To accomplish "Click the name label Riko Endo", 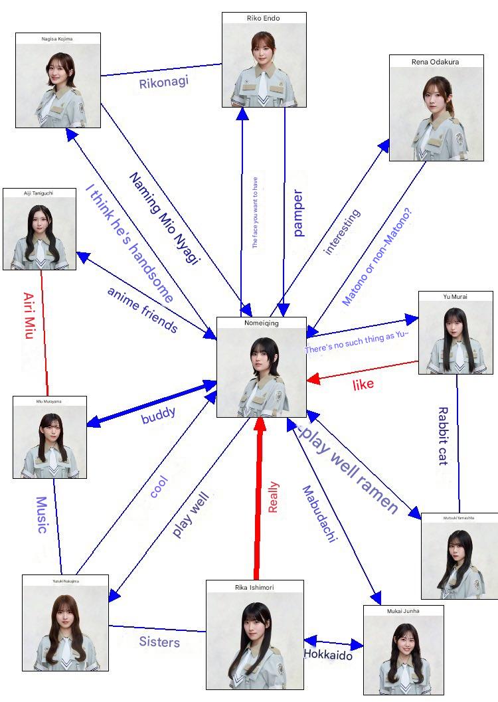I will click(x=264, y=18).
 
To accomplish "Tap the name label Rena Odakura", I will click(x=435, y=62).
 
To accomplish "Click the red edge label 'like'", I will click(x=363, y=384).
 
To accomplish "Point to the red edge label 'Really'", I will click(x=273, y=497).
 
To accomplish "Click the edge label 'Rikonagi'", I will click(x=163, y=83).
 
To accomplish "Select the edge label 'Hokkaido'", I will click(x=328, y=654).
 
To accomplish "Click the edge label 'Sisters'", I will click(x=159, y=642).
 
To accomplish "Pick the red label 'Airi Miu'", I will click(x=29, y=315).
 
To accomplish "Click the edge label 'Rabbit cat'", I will click(x=443, y=436).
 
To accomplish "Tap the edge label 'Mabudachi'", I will click(x=320, y=515).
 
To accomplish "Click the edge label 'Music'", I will click(x=41, y=515).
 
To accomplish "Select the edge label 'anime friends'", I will click(x=142, y=309).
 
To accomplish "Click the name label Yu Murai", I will click(x=456, y=297).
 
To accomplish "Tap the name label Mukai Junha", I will click(x=403, y=610).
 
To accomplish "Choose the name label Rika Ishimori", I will click(x=254, y=587).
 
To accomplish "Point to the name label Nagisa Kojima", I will click(x=58, y=39).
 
